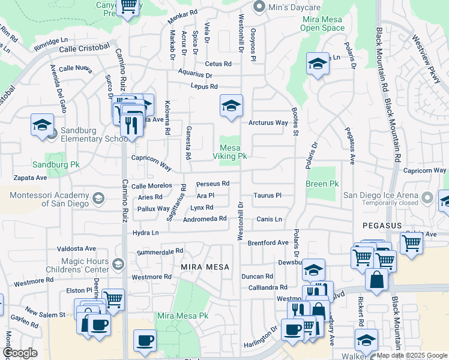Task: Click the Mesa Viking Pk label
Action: click(x=230, y=152)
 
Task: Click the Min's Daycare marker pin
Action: click(x=259, y=7)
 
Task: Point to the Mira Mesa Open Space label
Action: click(x=322, y=23)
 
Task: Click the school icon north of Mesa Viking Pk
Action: click(x=231, y=106)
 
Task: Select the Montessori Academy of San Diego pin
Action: click(x=97, y=197)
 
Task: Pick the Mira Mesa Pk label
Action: click(x=182, y=316)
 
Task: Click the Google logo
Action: click(x=20, y=353)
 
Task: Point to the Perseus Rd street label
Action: click(x=213, y=184)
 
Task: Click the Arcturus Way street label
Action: click(x=268, y=123)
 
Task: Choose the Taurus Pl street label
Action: click(x=267, y=196)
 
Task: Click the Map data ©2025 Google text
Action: click(x=411, y=355)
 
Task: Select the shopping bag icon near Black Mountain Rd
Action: click(x=376, y=280)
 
